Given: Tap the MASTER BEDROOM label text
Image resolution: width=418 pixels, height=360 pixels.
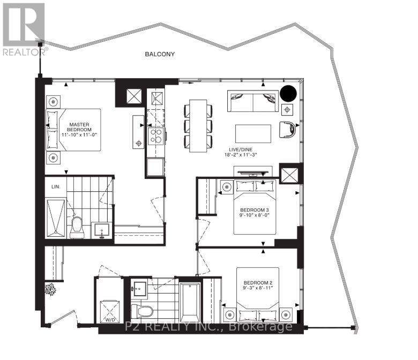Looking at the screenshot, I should [x=79, y=126].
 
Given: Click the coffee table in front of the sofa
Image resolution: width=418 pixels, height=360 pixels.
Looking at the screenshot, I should [x=253, y=133].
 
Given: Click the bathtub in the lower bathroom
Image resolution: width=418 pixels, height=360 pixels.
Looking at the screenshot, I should [x=190, y=303].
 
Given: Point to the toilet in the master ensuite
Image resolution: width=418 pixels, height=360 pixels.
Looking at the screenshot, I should [x=77, y=226].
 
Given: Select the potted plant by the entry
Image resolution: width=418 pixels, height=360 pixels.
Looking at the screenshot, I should [x=50, y=289].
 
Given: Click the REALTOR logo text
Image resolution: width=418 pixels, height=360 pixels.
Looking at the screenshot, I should [x=25, y=52].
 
